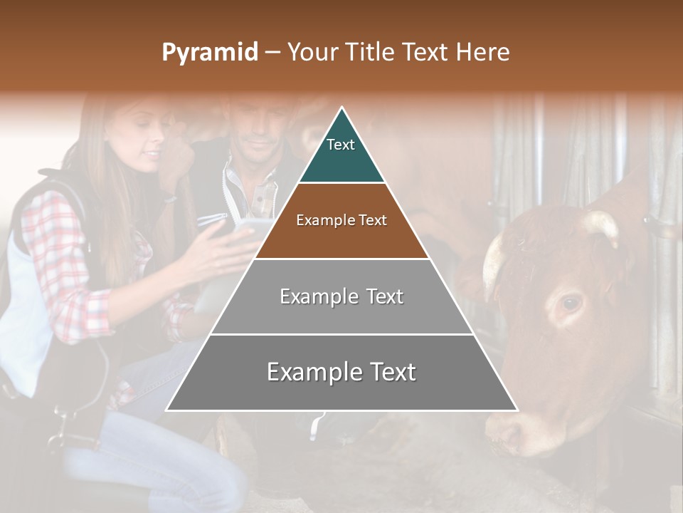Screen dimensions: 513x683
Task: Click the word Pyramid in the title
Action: [209, 53]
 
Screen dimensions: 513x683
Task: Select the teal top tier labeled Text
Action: [341, 153]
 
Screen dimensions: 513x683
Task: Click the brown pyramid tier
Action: [341, 221]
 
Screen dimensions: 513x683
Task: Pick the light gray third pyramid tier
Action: [341, 296]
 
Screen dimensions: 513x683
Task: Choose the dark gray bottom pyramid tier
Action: [341, 373]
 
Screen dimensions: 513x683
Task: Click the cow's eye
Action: [570, 304]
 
